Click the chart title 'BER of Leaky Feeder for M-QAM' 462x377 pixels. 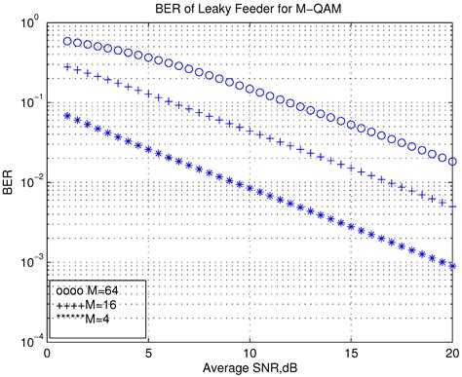(x=250, y=9)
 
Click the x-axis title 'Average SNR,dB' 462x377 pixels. (x=250, y=368)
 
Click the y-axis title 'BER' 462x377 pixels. (x=10, y=181)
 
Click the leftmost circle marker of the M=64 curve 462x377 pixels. (x=67, y=42)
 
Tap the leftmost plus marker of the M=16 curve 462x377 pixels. (x=67, y=67)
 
